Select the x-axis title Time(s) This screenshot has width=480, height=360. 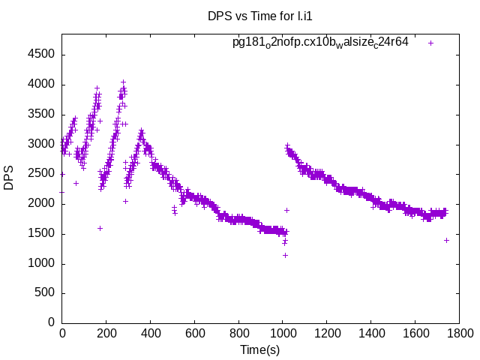(259, 349)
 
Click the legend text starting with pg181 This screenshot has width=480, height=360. (320, 42)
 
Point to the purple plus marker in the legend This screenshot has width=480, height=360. (431, 43)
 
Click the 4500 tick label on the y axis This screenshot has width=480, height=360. (42, 55)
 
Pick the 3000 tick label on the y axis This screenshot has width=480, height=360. (42, 144)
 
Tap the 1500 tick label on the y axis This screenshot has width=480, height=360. (42, 233)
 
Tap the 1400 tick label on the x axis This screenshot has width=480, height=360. (370, 334)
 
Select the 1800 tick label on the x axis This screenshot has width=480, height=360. (459, 334)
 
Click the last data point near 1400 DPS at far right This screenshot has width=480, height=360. (446, 240)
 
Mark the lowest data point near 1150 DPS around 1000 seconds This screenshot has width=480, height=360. (285, 255)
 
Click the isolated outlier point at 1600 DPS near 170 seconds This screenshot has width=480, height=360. (100, 228)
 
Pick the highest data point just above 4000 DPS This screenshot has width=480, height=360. (123, 82)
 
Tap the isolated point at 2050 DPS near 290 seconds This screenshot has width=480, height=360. (125, 201)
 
